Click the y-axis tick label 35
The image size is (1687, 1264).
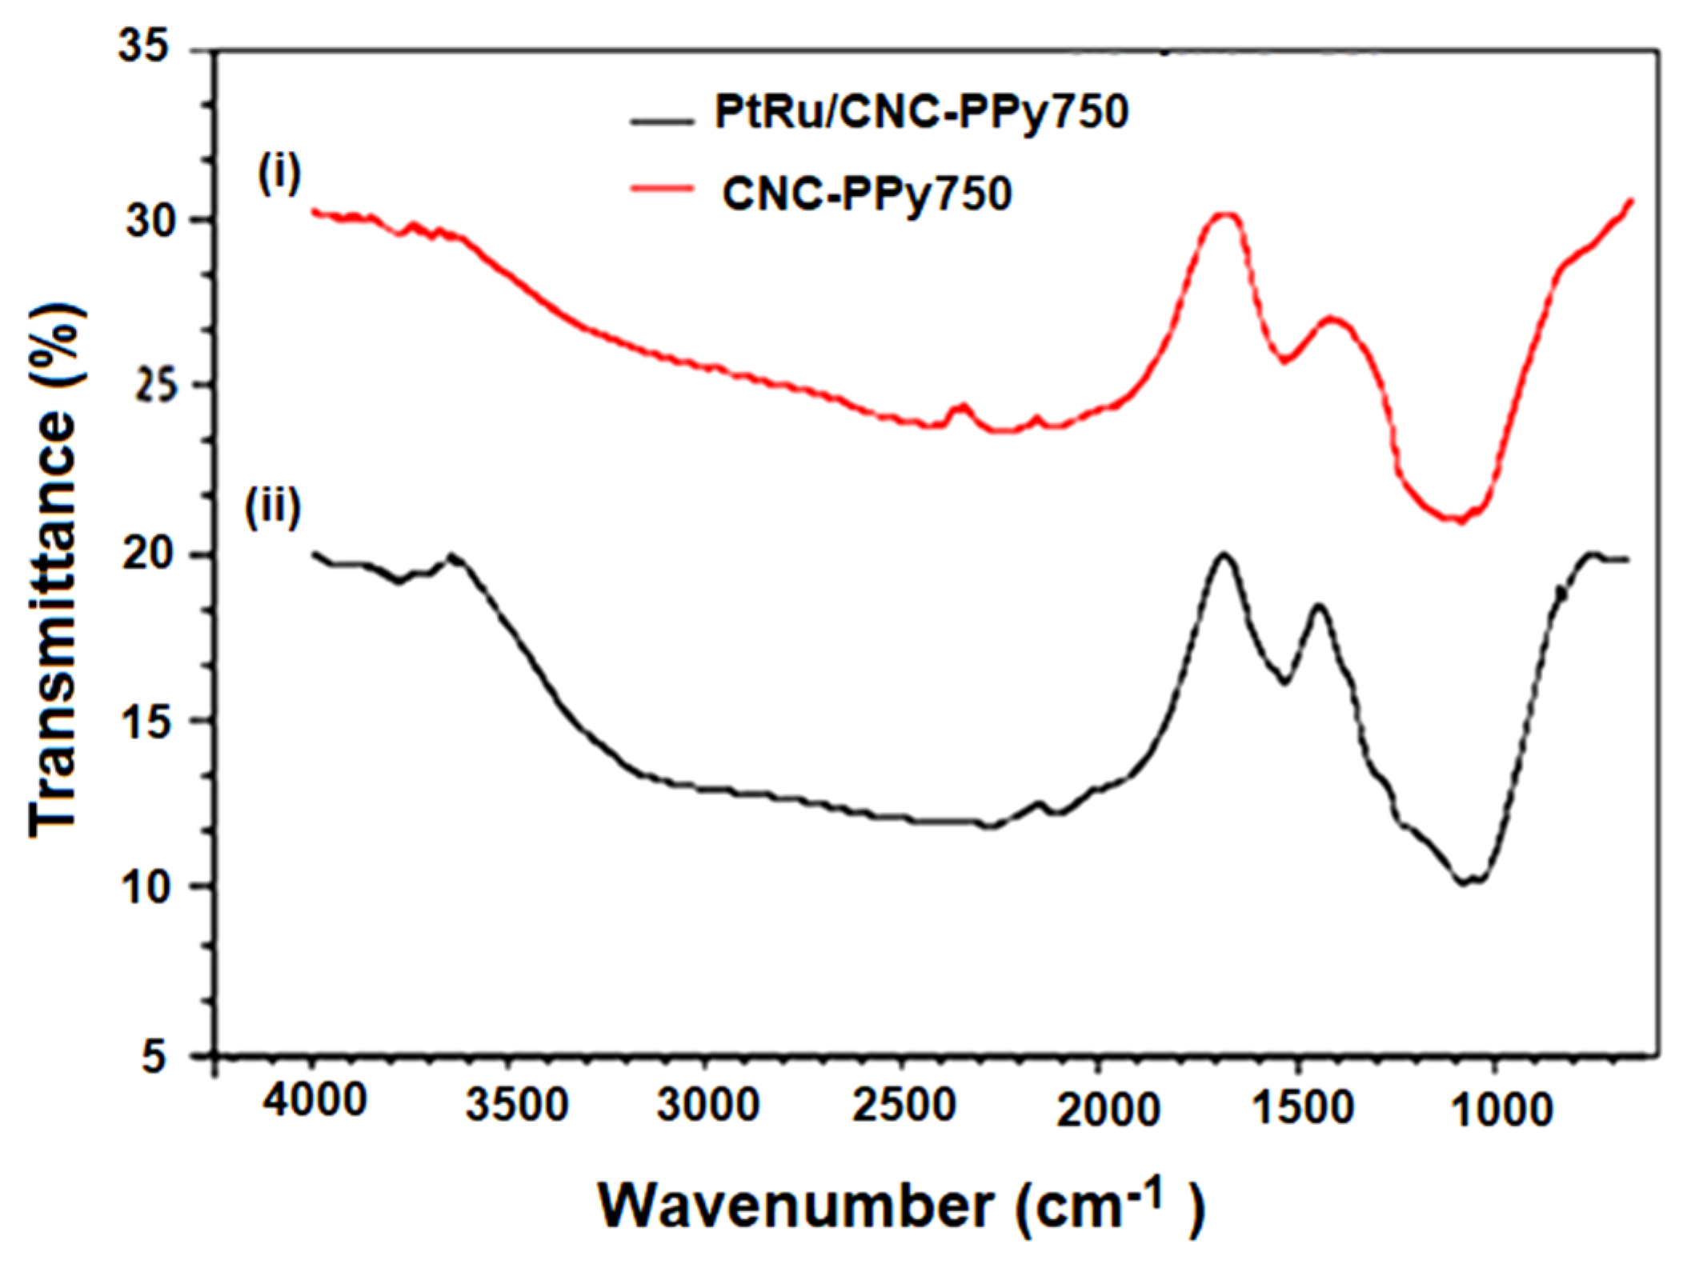tap(144, 46)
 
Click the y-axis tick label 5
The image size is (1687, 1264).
tap(155, 1057)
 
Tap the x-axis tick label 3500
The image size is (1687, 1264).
tap(518, 1105)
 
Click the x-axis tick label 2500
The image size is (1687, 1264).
tap(904, 1105)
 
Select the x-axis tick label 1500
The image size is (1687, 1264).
tap(1303, 1108)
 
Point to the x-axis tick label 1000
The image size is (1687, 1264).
tap(1502, 1110)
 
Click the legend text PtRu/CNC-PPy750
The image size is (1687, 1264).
tap(921, 112)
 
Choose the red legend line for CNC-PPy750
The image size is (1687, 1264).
tap(662, 188)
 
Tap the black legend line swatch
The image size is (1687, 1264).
tap(662, 122)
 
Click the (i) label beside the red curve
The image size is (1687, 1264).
tap(279, 174)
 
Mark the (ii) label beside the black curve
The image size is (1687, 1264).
tap(273, 507)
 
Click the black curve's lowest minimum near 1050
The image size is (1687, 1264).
tap(1463, 882)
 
